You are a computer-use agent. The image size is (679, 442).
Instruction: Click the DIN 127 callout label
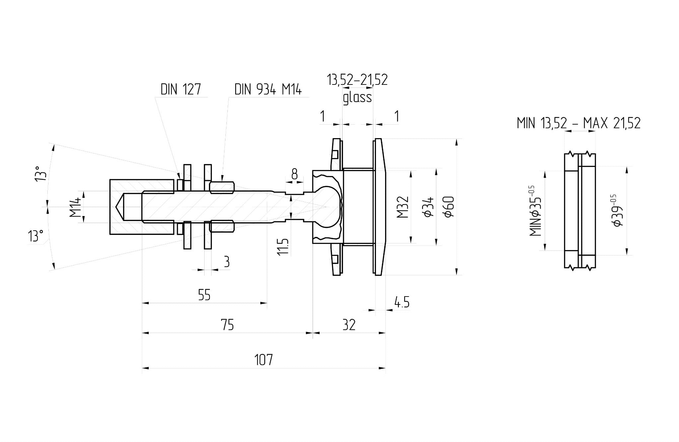(x=181, y=89)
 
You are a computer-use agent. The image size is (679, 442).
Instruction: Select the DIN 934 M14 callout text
(x=268, y=89)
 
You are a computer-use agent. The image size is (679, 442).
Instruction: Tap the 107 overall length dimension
(x=264, y=359)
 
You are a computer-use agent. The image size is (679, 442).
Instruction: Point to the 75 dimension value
(x=227, y=325)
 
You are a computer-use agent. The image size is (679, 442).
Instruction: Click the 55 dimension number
(x=204, y=295)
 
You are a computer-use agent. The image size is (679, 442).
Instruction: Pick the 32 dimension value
(x=349, y=325)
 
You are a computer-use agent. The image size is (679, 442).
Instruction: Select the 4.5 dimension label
(x=402, y=302)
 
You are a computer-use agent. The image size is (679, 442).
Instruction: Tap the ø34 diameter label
(x=429, y=207)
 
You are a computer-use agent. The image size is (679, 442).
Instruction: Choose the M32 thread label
(x=403, y=207)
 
